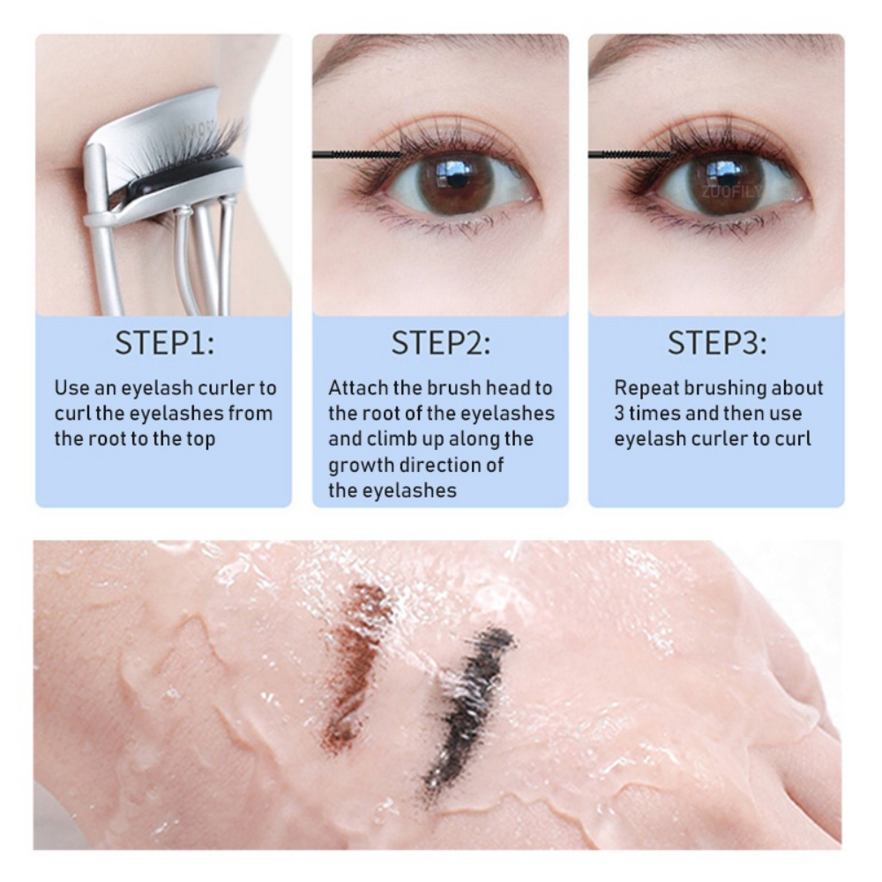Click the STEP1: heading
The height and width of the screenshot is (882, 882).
[164, 342]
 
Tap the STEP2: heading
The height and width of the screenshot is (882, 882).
[440, 342]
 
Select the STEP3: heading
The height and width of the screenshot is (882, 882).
[716, 342]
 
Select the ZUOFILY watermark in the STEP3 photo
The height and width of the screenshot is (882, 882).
[731, 191]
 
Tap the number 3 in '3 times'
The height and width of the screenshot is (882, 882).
[619, 414]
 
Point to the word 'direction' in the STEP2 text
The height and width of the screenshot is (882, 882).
[442, 465]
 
